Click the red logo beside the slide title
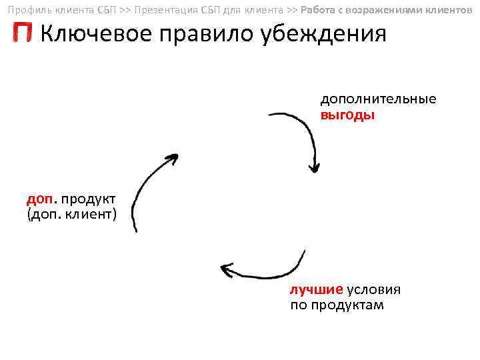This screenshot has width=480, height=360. coord(23,33)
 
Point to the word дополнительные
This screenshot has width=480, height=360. coord(378,99)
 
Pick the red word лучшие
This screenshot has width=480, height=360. coord(316,290)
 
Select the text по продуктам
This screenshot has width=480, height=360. coord(337,305)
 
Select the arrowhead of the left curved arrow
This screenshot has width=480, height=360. coord(172,159)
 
